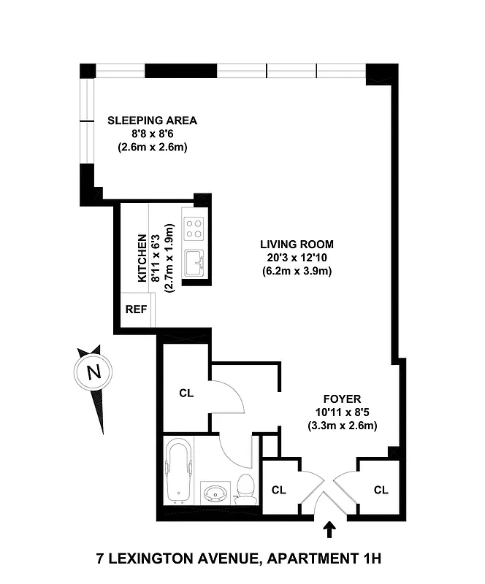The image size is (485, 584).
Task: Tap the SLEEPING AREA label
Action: point(152,120)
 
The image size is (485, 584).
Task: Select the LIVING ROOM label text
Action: point(297,244)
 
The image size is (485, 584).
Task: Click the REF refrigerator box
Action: point(136,309)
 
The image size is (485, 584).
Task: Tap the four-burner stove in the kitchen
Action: point(194,228)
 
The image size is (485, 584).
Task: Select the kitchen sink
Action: point(194,262)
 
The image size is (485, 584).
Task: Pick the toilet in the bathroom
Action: point(247,485)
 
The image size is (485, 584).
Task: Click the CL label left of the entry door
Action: point(278,489)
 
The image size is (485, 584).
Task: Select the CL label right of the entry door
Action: point(380,489)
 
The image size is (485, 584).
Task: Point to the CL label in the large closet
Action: point(186,393)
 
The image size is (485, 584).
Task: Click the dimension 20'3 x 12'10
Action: point(297,258)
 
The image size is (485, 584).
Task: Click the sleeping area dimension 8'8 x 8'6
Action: point(152,134)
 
